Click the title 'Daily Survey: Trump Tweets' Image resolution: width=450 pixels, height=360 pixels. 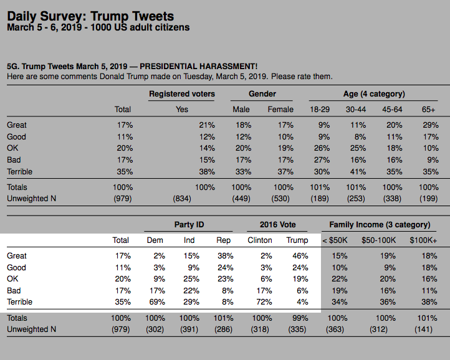tap(90, 16)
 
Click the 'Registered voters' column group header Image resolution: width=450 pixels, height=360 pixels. tap(182, 94)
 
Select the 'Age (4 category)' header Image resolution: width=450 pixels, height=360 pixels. tap(374, 94)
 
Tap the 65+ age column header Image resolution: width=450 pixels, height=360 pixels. tap(428, 110)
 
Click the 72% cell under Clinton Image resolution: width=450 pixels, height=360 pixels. tap(264, 302)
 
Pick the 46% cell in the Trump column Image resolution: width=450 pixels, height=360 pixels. tap(300, 255)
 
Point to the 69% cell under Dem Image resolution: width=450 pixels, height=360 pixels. tap(157, 302)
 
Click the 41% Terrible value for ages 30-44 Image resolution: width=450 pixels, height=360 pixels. tap(358, 171)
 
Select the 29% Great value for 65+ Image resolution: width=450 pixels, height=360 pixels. tap(431, 125)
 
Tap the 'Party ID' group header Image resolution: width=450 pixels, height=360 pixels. tap(189, 225)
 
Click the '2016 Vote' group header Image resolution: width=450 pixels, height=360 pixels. tap(277, 225)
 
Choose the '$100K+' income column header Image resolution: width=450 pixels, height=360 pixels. tap(423, 240)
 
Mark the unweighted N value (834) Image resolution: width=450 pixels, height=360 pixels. tap(182, 199)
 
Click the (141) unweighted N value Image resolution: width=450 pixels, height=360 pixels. tap(423, 329)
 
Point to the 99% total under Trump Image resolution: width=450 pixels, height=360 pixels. tap(300, 318)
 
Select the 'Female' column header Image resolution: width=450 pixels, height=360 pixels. tap(280, 110)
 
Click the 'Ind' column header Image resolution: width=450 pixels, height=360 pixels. tap(189, 240)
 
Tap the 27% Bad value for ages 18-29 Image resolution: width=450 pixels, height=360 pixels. tap(322, 160)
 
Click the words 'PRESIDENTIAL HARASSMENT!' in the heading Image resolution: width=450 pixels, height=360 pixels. tap(199, 66)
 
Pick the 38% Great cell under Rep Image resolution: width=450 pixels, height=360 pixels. tap(226, 255)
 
